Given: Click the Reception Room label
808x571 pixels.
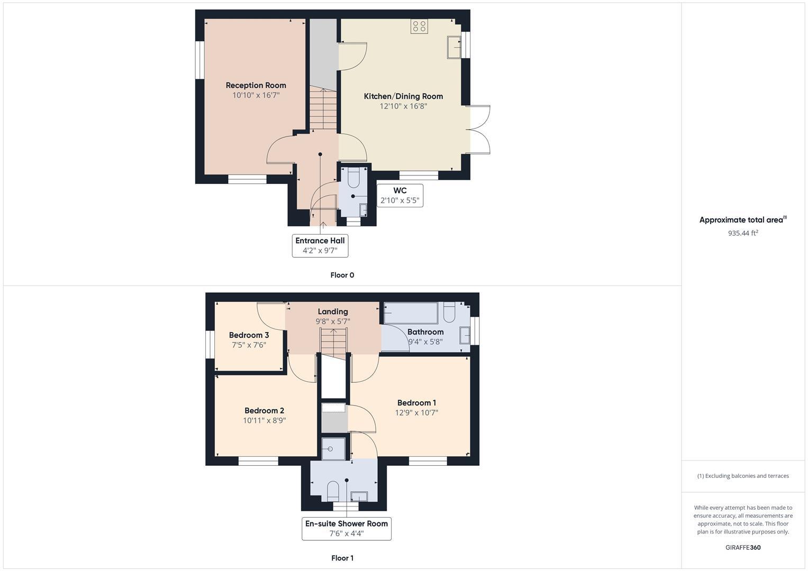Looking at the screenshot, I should (x=256, y=85).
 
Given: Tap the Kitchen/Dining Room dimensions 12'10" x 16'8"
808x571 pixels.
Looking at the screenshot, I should (x=403, y=106).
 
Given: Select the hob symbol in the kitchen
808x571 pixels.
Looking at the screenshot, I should (x=419, y=26).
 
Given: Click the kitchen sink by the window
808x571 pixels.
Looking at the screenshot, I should (x=453, y=47).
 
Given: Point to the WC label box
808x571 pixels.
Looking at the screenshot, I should (x=400, y=196).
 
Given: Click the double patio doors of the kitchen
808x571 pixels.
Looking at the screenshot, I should (x=479, y=130).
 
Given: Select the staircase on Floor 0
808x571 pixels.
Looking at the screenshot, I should (x=323, y=109).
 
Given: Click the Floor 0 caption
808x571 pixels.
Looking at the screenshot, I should (x=342, y=275).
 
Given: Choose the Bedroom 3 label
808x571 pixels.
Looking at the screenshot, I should (x=249, y=335).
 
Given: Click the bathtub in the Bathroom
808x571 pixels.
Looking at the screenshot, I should (x=411, y=313).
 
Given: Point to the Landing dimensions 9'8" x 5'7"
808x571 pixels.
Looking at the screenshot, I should (x=333, y=321).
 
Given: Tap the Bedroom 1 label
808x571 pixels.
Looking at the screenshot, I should (x=416, y=403).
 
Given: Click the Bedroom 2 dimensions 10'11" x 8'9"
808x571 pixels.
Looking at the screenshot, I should (x=265, y=421).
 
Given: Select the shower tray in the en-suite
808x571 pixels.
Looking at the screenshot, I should (x=333, y=449).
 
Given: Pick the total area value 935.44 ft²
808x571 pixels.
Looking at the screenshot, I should (x=743, y=233).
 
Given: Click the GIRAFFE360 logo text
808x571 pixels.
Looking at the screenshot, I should (x=743, y=548).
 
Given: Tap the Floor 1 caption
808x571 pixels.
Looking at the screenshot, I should (x=342, y=558).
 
